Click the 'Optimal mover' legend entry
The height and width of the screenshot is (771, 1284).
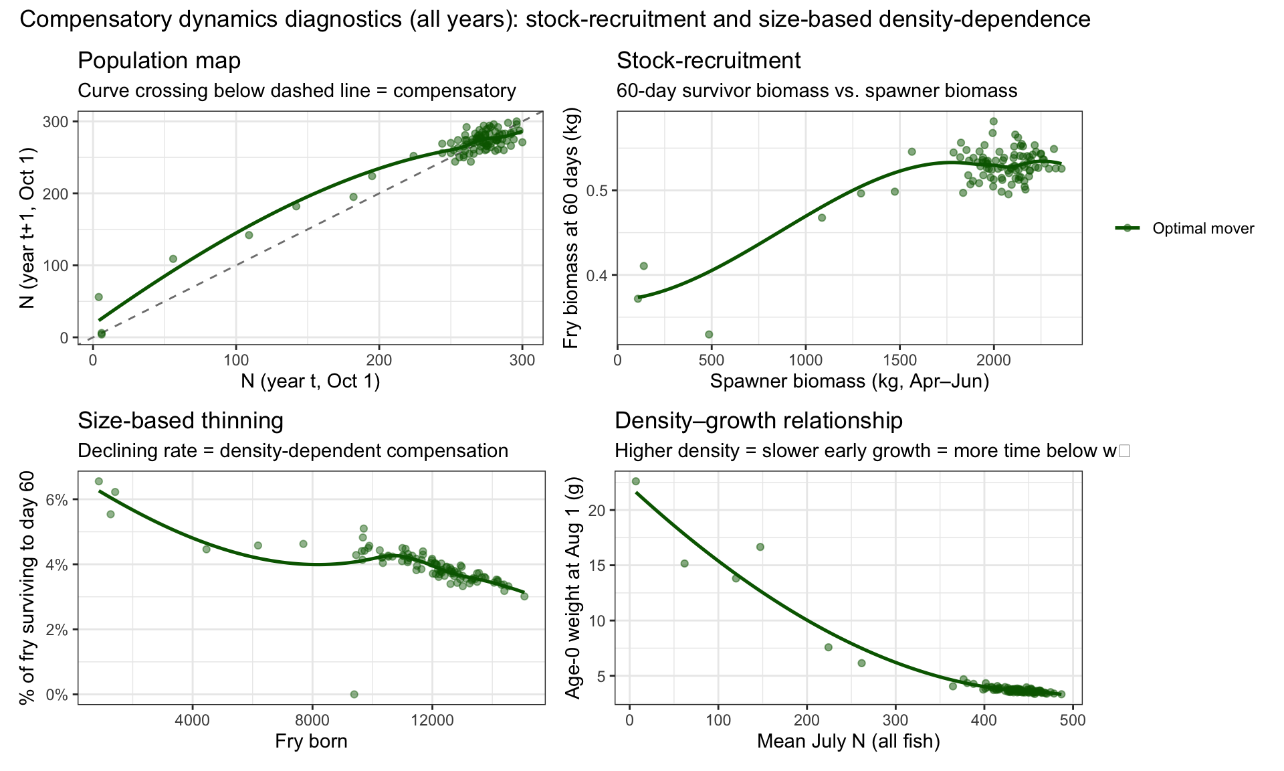tap(1185, 228)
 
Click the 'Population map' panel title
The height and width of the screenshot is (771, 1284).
tap(159, 61)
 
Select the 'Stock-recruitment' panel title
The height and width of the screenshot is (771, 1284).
tap(708, 61)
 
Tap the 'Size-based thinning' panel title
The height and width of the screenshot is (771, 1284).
tap(181, 421)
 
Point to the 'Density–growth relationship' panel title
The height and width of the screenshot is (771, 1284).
tap(758, 421)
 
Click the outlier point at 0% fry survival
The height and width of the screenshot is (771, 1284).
tap(354, 694)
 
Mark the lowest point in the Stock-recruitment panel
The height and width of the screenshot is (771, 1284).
tap(709, 334)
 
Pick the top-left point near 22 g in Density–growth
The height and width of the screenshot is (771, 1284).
tap(636, 481)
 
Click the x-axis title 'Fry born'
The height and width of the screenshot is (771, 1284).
tap(311, 742)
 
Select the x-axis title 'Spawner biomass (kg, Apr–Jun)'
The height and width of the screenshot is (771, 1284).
tap(849, 381)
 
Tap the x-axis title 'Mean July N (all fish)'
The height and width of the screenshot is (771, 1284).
tap(849, 742)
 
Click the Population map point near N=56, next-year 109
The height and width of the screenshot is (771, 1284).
tap(173, 259)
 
